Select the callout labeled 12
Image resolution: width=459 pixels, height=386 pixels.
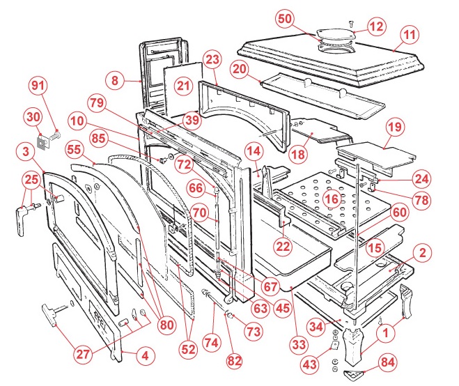tap(376, 27)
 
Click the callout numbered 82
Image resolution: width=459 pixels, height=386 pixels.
tap(233, 360)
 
